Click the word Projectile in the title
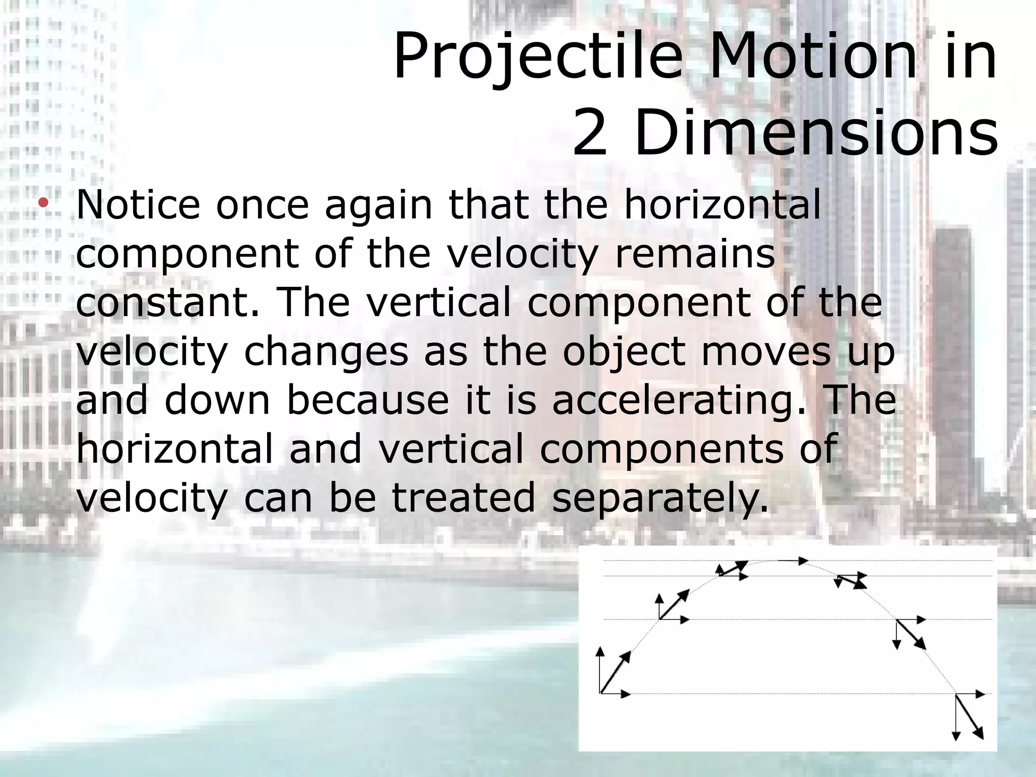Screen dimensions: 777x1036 538,57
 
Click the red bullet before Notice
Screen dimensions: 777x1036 44,203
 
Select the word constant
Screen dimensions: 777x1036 167,303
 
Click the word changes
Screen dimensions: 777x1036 326,352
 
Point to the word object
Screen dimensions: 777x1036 624,352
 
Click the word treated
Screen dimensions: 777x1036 463,498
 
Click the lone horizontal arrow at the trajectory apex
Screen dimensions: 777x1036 793,560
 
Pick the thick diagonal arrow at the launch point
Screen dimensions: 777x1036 616,671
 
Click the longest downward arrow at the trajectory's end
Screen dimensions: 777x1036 956,718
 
